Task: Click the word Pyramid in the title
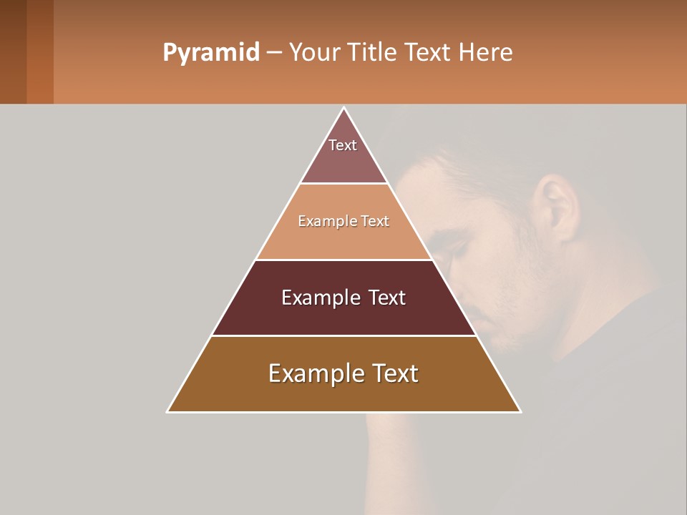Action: click(210, 53)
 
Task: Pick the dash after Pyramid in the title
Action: click(273, 53)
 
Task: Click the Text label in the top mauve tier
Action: click(343, 145)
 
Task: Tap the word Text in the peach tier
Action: click(376, 222)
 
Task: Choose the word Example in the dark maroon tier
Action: click(320, 298)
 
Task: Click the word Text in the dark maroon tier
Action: click(387, 298)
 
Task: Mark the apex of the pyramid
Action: click(343, 108)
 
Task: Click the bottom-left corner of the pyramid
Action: click(168, 411)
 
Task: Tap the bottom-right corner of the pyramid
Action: click(520, 411)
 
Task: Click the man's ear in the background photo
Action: click(557, 207)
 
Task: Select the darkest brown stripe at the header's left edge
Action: click(13, 51)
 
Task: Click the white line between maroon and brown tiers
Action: click(343, 335)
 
